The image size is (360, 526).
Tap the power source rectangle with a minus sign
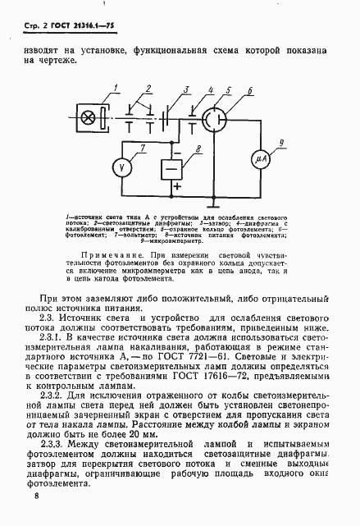coord(171,170)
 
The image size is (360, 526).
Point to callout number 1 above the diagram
coord(117,89)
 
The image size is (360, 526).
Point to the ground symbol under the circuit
coord(216,200)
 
